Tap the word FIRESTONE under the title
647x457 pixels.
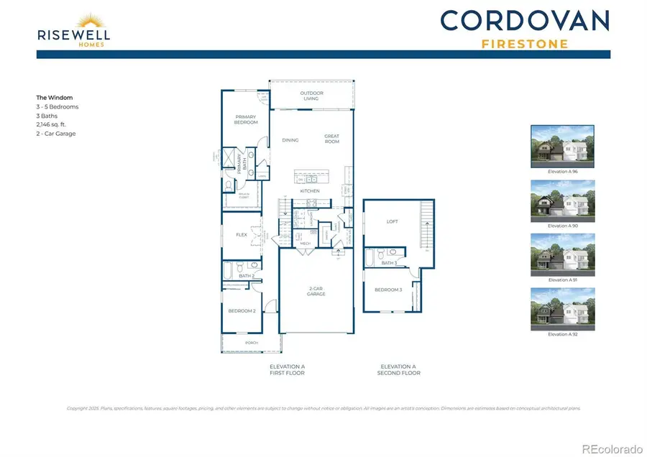coord(524,44)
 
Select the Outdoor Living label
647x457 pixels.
coord(312,96)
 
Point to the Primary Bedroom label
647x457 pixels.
coord(246,119)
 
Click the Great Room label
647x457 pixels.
coord(331,138)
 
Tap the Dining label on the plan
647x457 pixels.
coord(290,140)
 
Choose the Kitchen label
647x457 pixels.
coord(310,191)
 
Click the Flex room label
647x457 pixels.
coord(242,234)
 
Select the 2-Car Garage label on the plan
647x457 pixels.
coord(316,291)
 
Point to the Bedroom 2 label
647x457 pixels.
coord(242,310)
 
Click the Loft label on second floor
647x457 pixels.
coord(393,221)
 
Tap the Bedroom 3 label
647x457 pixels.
coord(387,290)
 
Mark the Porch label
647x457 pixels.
coord(252,343)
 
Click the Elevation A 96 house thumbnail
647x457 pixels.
coord(562,147)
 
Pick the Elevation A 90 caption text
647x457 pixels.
coord(562,226)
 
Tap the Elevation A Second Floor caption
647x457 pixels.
coord(399,369)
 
